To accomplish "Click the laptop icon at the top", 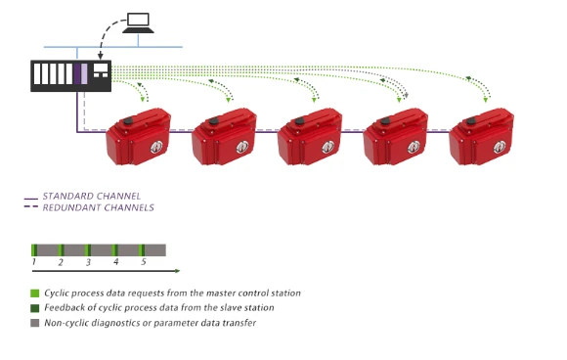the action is tap(138, 23).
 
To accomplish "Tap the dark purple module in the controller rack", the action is tap(77, 73).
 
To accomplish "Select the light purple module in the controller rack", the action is tap(84, 73).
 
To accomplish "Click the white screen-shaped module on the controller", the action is tap(101, 70).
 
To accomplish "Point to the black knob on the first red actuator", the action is tap(128, 121).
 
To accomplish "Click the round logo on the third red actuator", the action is tap(327, 147).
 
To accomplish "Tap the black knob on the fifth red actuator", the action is tap(471, 121).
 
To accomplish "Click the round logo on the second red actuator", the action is tap(241, 147).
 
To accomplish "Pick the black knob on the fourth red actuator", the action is tap(385, 121).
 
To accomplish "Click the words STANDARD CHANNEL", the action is tap(92, 196).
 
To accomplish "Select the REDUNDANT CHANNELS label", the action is tap(99, 207).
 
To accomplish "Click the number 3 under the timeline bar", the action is tap(88, 262).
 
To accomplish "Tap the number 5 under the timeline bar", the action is tap(144, 261).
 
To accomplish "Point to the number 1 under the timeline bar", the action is tap(34, 261).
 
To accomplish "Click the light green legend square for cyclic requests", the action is tap(35, 293).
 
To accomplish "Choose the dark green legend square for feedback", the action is tap(35, 308).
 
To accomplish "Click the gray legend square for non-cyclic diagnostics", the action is tap(35, 323).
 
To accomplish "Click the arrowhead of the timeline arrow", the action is tap(178, 271).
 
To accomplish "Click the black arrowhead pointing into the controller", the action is tap(100, 56).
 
